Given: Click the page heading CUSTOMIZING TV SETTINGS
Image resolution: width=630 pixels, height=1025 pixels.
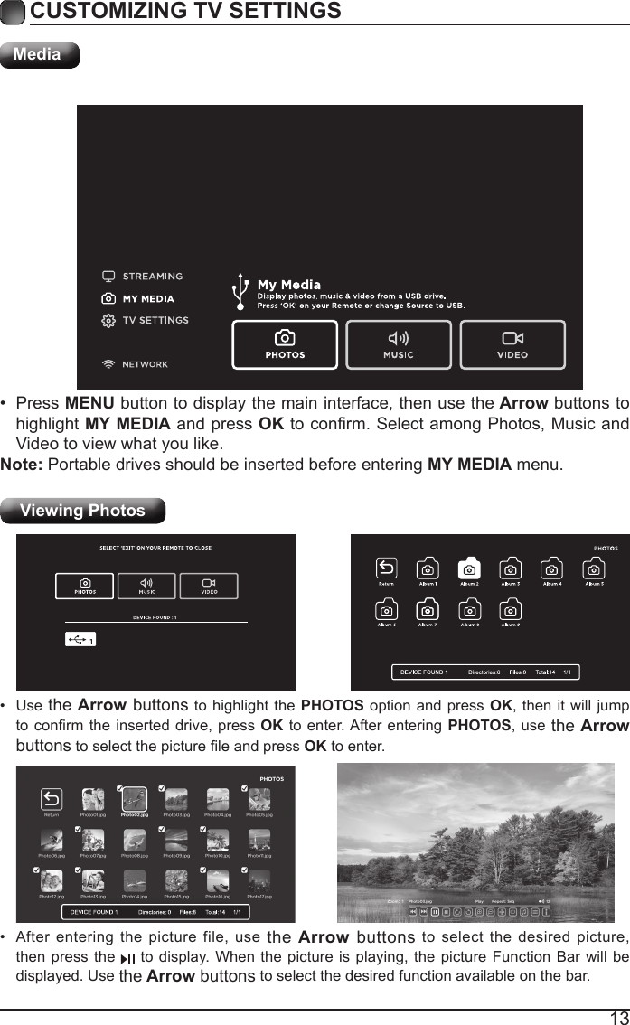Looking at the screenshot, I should [185, 12].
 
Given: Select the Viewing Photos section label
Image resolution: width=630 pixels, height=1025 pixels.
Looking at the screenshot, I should [83, 511].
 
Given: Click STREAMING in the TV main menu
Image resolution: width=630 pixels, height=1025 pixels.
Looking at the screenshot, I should [152, 277].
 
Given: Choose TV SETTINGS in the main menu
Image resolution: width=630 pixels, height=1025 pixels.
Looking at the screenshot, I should [155, 320].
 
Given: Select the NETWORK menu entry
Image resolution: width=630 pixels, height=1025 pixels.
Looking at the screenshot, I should [145, 364].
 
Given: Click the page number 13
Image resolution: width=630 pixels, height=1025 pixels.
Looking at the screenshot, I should [618, 1018].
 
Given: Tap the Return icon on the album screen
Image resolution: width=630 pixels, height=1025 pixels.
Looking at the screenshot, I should [386, 569].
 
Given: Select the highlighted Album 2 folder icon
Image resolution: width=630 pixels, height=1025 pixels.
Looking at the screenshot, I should [469, 569].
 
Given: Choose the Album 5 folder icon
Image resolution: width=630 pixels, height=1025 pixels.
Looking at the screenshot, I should [594, 569].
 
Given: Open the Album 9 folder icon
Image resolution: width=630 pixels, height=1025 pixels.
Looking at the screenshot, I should [511, 610].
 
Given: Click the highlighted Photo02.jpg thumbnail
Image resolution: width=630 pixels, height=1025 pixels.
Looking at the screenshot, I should [134, 799].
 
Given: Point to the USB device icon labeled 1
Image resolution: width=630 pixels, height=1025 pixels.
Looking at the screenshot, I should [80, 639].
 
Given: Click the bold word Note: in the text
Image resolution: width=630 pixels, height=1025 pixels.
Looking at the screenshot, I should [22, 465].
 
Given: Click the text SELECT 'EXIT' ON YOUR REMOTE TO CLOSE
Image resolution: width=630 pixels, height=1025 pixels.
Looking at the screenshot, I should [155, 548].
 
